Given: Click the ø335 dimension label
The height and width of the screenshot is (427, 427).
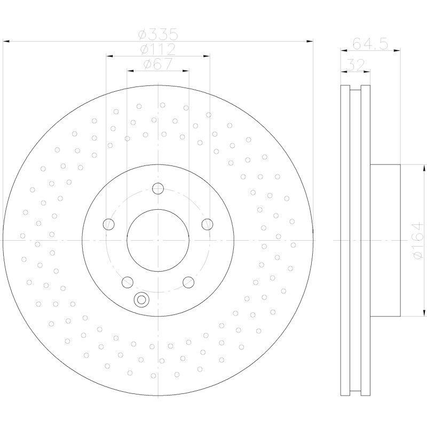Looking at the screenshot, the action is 158,35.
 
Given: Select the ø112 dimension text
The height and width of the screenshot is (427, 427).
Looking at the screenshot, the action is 158,49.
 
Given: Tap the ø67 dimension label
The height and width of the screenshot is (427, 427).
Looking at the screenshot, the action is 158,64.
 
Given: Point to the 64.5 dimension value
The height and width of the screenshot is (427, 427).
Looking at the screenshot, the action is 370,44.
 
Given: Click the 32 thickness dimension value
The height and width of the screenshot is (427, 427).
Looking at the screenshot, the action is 355,65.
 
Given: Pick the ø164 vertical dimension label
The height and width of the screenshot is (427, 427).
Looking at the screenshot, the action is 417,240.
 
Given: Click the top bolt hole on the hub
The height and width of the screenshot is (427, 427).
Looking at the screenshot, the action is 158,188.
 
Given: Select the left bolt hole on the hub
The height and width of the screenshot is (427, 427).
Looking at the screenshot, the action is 109,224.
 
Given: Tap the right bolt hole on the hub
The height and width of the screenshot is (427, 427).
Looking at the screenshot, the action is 207,224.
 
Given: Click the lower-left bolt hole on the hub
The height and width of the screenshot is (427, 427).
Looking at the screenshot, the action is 128,282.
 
